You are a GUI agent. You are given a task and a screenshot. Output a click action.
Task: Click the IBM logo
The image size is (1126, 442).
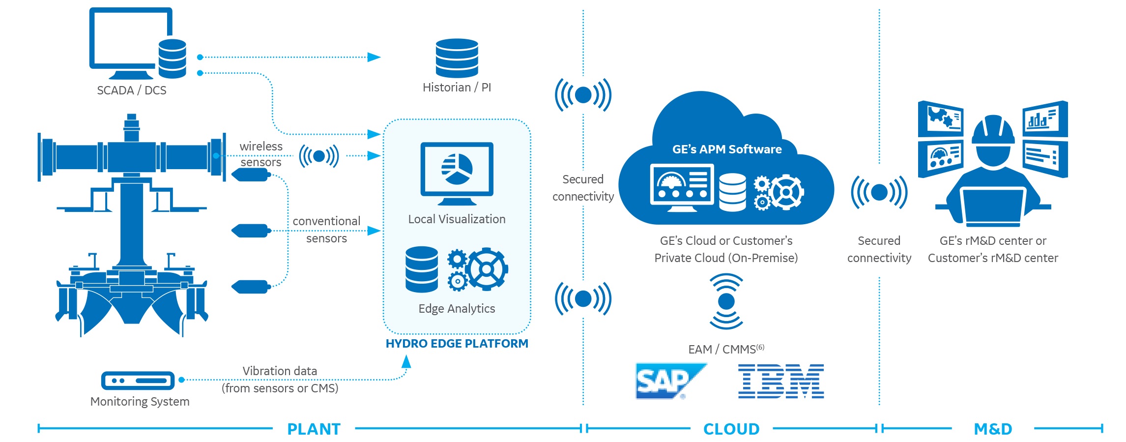point(780,381)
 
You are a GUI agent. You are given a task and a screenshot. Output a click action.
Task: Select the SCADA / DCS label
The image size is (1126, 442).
point(132,90)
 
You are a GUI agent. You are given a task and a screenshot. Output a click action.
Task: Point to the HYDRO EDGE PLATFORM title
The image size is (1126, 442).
point(457,344)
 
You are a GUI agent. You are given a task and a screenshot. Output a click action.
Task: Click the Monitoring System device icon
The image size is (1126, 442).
point(138,381)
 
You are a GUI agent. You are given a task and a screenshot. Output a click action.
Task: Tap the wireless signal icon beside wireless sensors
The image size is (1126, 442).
point(319,156)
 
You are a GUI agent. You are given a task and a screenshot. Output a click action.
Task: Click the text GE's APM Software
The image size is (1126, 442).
point(726,149)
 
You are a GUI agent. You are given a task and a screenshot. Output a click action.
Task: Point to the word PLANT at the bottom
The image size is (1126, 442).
point(314,429)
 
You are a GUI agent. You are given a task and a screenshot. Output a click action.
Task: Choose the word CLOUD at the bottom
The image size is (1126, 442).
point(731,429)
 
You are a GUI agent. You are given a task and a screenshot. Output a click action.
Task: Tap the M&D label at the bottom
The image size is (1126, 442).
point(993,429)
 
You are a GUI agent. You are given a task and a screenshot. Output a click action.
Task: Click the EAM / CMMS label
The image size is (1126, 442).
point(725,350)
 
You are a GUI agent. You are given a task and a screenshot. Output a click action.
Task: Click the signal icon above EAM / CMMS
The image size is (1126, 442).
point(726,301)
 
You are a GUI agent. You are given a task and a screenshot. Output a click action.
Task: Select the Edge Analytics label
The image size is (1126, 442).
point(457,309)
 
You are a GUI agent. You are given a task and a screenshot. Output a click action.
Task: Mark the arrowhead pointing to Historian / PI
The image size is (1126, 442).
point(374,57)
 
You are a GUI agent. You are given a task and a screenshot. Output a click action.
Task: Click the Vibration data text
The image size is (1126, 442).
point(280,371)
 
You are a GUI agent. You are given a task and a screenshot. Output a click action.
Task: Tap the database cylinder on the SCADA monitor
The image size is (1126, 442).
point(173,59)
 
